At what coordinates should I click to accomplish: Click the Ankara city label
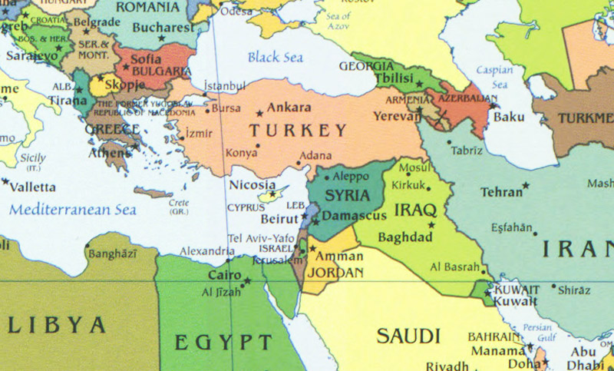coord(289,108)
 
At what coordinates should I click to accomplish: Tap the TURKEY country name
coord(298,131)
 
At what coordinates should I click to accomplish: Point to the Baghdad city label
coord(405,237)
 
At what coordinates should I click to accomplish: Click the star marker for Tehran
coord(526,186)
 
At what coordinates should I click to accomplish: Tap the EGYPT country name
coord(222,341)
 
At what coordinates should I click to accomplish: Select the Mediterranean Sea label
coord(73,209)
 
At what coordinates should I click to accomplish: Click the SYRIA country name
coord(348,195)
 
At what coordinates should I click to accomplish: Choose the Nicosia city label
coord(252,185)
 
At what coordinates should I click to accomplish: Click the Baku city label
coord(508,117)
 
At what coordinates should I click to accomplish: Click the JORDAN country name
coord(336,273)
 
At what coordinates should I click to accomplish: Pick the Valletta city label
coord(33,187)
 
